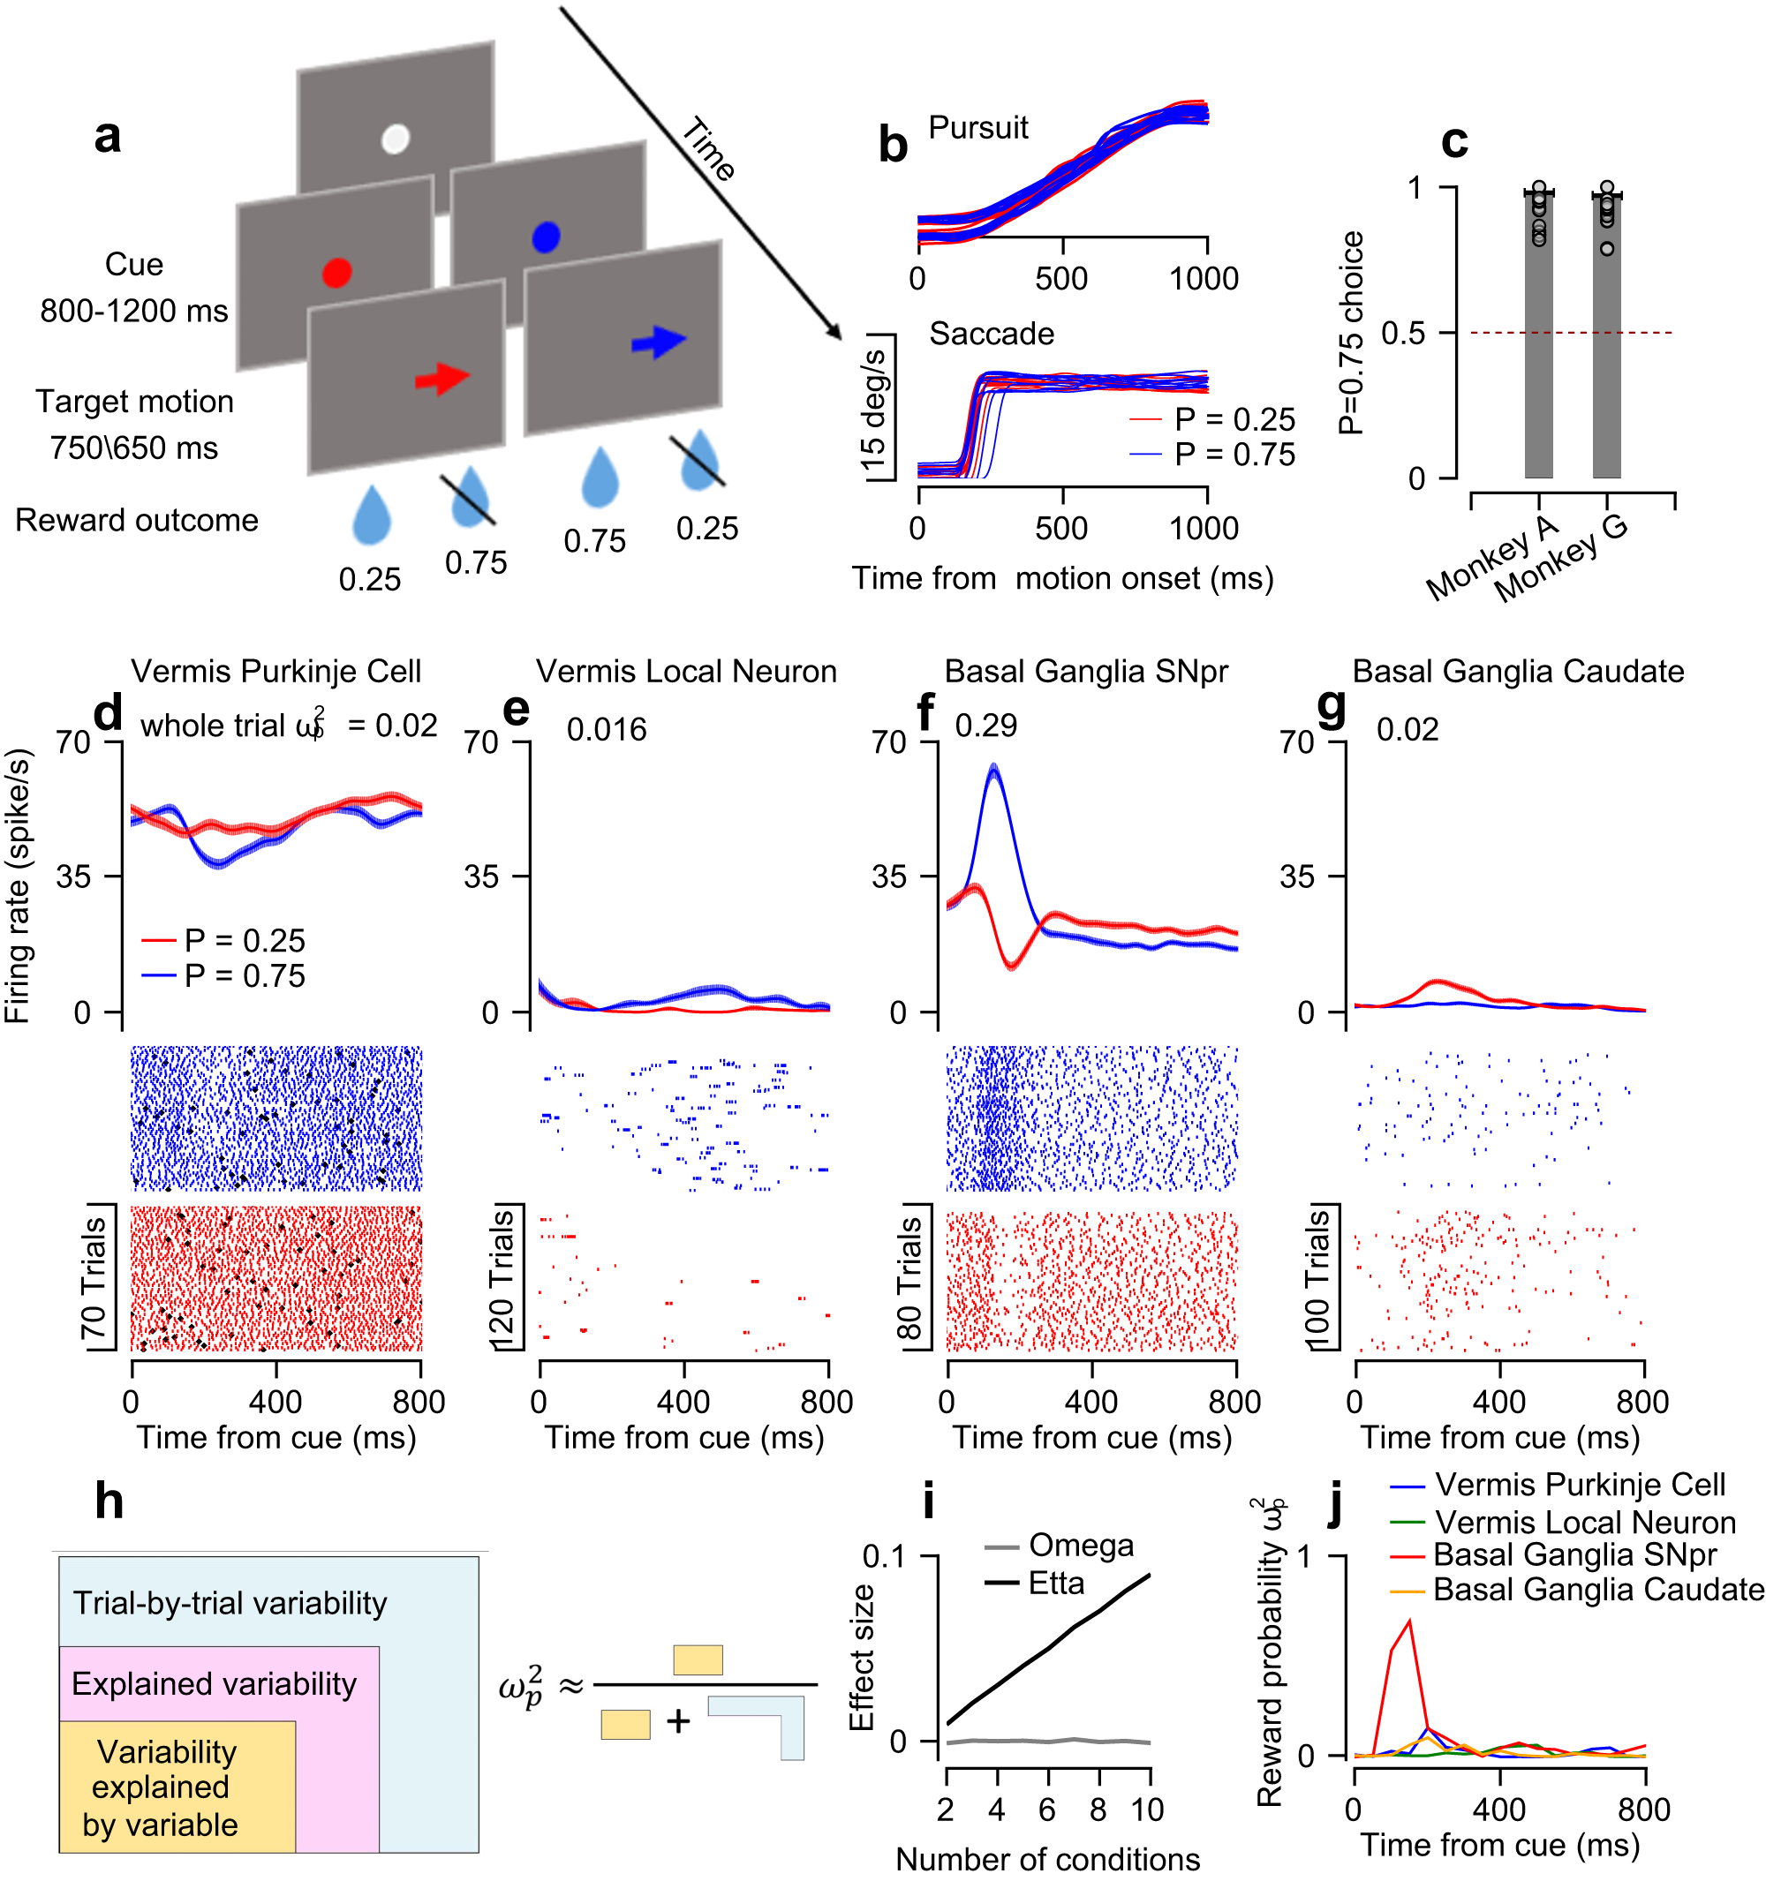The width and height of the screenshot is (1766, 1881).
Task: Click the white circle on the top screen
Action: click(x=395, y=139)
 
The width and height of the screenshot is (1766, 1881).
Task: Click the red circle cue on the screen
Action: click(x=337, y=273)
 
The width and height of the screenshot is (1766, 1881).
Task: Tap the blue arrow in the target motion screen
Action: click(x=658, y=342)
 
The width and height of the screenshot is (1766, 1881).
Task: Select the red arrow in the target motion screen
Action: click(x=442, y=379)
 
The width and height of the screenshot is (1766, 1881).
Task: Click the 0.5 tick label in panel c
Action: click(x=1402, y=333)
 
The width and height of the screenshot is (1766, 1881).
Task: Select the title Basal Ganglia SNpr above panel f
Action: click(x=1085, y=671)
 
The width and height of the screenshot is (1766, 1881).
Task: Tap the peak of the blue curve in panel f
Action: click(x=992, y=766)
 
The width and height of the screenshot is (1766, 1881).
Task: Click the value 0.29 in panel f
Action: click(x=985, y=726)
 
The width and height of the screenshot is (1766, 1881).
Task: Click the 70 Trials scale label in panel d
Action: click(x=94, y=1278)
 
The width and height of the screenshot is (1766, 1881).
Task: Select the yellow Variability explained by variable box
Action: click(x=177, y=1787)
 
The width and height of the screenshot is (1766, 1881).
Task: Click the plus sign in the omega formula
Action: click(x=677, y=1721)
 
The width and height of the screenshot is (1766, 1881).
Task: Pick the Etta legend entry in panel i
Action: click(x=1054, y=1583)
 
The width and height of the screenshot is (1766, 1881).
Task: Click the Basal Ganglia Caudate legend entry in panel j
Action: click(x=1597, y=1590)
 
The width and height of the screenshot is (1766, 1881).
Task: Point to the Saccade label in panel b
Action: click(x=991, y=333)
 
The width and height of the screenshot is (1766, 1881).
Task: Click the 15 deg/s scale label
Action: click(x=872, y=409)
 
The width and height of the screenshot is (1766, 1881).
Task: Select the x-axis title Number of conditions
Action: click(x=1046, y=1858)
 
